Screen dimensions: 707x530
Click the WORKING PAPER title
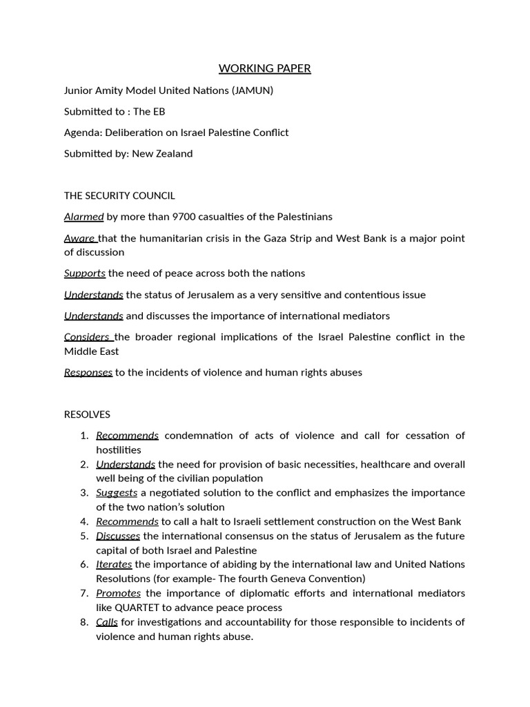pos(264,68)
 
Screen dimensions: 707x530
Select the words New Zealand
pos(167,153)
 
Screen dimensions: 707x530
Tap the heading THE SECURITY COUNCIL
pos(119,195)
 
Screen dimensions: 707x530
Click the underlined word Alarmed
pos(84,217)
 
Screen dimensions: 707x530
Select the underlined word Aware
pos(79,238)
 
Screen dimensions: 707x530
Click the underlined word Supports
pos(84,273)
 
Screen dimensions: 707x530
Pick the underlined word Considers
pos(87,337)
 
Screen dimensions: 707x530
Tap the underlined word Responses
pos(88,372)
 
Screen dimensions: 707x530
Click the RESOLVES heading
pos(87,414)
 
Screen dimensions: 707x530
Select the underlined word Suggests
pos(117,493)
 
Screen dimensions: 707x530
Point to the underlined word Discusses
pos(118,536)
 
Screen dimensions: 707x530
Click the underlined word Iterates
pos(114,565)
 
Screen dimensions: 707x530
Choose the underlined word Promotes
pos(118,593)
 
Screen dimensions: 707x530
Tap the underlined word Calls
pos(107,622)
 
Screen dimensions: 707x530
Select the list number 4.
pos(84,521)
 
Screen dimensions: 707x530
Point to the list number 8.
pos(84,622)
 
